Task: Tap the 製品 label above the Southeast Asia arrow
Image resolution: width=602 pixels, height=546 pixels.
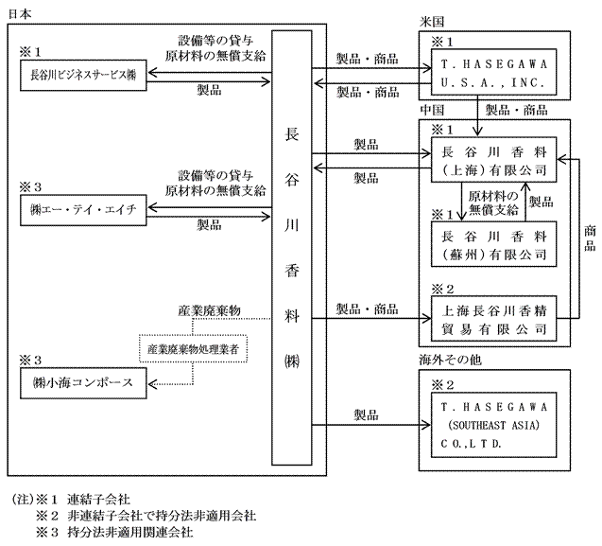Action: pyautogui.click(x=367, y=414)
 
